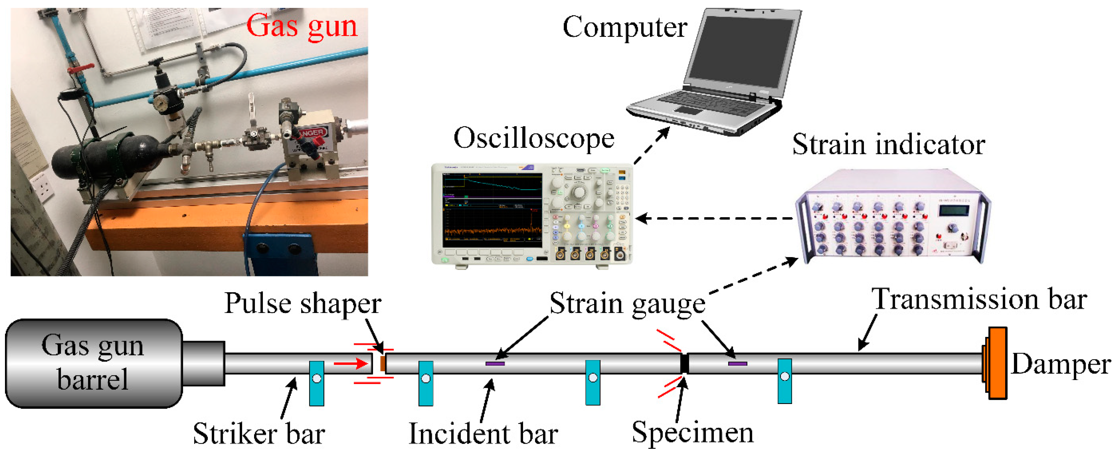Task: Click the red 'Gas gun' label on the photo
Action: pyautogui.click(x=301, y=26)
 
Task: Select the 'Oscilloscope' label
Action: pyautogui.click(x=533, y=139)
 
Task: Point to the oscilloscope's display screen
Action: pyautogui.click(x=492, y=211)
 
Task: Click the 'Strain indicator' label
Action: pyautogui.click(x=888, y=145)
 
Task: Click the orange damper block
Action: pyautogui.click(x=997, y=363)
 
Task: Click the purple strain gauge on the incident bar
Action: pyautogui.click(x=495, y=363)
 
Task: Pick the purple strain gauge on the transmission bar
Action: pyautogui.click(x=737, y=363)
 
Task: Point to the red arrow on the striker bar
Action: pyautogui.click(x=351, y=363)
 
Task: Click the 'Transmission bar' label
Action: pyautogui.click(x=979, y=300)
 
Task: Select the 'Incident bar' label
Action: pyautogui.click(x=483, y=434)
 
